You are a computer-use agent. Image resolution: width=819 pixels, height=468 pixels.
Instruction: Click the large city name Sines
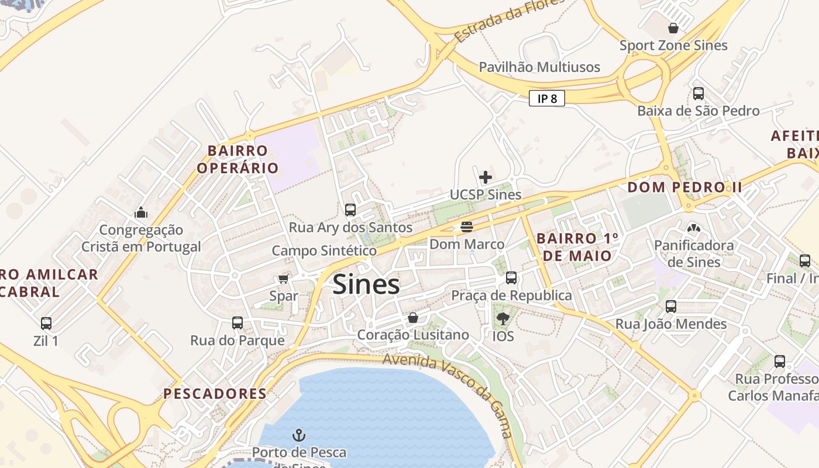pyautogui.click(x=366, y=285)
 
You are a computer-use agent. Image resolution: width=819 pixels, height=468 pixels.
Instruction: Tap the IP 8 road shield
pyautogui.click(x=546, y=98)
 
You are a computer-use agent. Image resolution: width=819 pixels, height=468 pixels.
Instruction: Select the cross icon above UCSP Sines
pyautogui.click(x=486, y=177)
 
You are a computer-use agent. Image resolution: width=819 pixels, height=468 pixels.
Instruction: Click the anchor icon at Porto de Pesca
pyautogui.click(x=299, y=435)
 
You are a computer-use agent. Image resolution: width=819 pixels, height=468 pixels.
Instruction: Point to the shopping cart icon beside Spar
pyautogui.click(x=284, y=278)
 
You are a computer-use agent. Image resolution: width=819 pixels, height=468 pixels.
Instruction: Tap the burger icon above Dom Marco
pyautogui.click(x=466, y=226)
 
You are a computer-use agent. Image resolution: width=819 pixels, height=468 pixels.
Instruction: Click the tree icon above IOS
pyautogui.click(x=503, y=319)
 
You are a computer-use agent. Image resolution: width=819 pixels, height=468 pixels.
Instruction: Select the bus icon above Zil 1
pyautogui.click(x=46, y=323)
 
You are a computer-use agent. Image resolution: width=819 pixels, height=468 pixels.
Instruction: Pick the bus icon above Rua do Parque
pyautogui.click(x=238, y=322)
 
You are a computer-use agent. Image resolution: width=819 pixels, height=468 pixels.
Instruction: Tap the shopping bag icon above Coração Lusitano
pyautogui.click(x=413, y=318)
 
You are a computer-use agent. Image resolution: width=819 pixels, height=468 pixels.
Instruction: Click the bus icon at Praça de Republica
pyautogui.click(x=511, y=278)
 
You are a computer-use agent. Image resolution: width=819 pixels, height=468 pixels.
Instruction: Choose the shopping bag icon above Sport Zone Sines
pyautogui.click(x=673, y=27)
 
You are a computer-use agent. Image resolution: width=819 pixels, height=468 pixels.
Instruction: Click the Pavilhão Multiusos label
pyautogui.click(x=539, y=67)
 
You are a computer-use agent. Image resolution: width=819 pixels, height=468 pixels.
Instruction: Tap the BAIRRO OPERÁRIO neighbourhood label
pyautogui.click(x=238, y=159)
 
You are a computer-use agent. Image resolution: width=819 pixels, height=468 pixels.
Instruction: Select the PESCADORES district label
pyautogui.click(x=215, y=394)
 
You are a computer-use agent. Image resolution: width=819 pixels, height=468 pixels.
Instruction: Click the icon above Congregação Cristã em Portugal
pyautogui.click(x=140, y=212)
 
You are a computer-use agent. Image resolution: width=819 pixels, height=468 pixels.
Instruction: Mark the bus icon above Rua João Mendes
pyautogui.click(x=671, y=306)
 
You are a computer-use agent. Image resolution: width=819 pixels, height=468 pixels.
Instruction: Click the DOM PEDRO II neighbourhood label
pyautogui.click(x=684, y=187)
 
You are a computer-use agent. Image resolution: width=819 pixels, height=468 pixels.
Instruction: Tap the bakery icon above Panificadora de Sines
pyautogui.click(x=694, y=228)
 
